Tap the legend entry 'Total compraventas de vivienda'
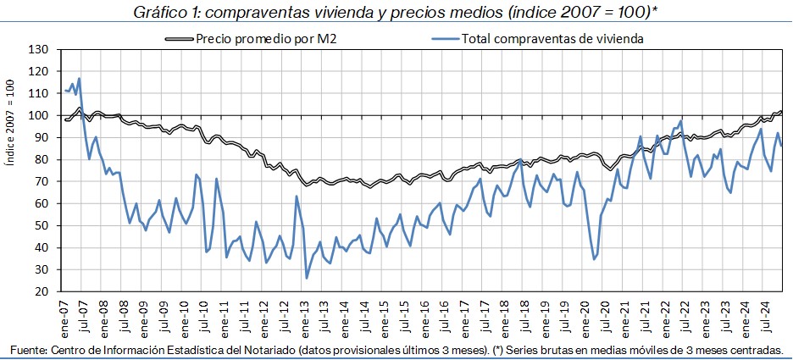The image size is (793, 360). click(552, 38)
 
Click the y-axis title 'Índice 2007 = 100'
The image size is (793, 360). click(12, 169)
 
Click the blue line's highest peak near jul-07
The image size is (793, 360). click(79, 79)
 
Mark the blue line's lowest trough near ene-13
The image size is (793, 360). click(307, 277)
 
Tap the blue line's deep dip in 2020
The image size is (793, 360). click(595, 258)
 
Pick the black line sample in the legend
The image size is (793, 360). click(179, 38)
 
